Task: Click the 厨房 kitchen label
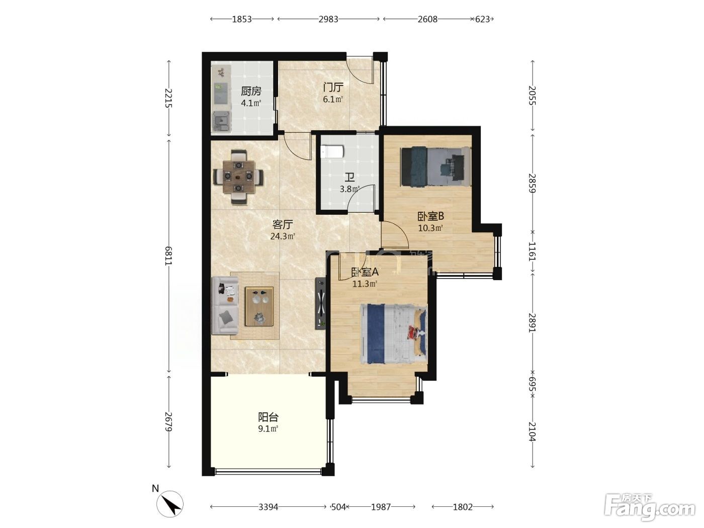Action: coord(251,92)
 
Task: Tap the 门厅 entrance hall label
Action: coord(333,87)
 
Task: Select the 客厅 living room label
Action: coord(283,224)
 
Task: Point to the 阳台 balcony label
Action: coord(268,417)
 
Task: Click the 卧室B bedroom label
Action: coord(430,216)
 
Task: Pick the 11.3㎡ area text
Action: coord(365,284)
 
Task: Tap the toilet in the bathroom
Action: coord(332,152)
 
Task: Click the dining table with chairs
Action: coord(239,177)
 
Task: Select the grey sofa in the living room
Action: coord(225,306)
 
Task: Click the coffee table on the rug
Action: coord(259,306)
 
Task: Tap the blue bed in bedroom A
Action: coord(394,334)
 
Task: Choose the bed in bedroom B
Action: coord(436,166)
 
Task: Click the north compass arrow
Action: coord(170,504)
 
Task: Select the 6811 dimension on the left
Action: coord(168,256)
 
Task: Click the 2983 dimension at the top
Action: coord(328,19)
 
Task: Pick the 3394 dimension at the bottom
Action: coord(269,507)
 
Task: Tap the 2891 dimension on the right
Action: coord(533,322)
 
